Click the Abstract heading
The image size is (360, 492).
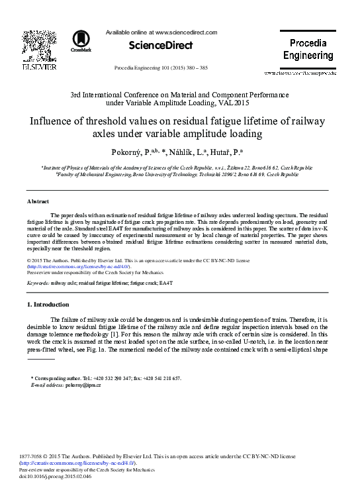[x=38, y=201]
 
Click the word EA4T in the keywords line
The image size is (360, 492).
[x=165, y=283]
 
